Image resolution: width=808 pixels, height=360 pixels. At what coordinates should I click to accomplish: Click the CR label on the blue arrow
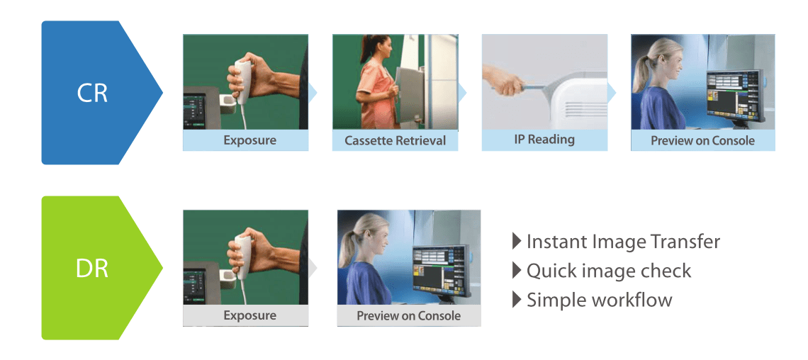[x=92, y=93]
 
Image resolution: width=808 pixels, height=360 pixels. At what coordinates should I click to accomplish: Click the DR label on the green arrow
[x=92, y=269]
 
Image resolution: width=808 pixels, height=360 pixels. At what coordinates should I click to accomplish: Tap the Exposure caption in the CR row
[x=250, y=140]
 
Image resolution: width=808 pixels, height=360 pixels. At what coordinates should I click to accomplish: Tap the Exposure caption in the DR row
[x=250, y=315]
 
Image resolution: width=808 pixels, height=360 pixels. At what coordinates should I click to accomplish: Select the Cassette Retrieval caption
[x=395, y=140]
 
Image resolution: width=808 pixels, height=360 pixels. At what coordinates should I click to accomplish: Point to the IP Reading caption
[x=544, y=139]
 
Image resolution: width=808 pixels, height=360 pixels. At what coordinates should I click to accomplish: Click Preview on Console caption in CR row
[x=702, y=140]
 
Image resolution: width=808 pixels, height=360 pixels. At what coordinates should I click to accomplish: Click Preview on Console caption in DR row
[x=409, y=315]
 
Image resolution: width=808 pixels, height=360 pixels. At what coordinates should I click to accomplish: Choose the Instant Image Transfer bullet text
[x=623, y=241]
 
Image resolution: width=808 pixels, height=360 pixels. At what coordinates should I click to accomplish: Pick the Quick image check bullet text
[x=609, y=271]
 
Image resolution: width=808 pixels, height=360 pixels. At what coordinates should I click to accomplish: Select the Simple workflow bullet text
[x=600, y=300]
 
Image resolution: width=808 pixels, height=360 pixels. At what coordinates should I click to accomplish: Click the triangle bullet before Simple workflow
[x=517, y=300]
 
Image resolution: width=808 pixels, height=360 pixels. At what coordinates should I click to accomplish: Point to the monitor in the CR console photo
[x=734, y=96]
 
